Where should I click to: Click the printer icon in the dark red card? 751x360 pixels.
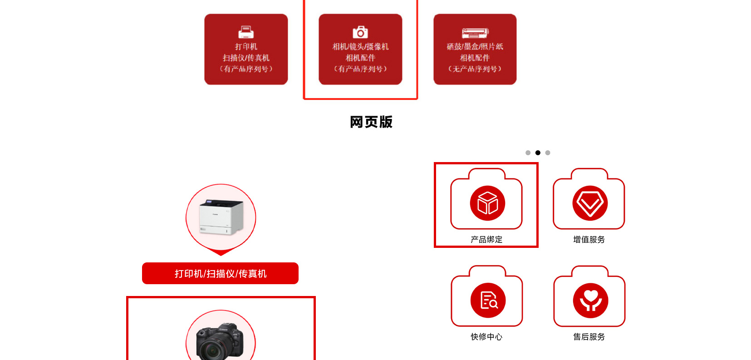(246, 32)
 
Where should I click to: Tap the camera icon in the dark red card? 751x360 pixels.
(360, 32)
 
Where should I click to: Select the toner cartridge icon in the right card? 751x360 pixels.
(475, 33)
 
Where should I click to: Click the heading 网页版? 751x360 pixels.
(371, 122)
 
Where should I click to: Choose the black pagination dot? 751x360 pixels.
(538, 153)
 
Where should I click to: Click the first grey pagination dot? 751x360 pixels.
(528, 153)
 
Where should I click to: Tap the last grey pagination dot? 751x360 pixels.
(548, 153)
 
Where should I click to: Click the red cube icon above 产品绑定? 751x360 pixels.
(487, 203)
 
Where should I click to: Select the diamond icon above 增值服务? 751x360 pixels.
(590, 203)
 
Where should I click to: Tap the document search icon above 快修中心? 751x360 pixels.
(488, 300)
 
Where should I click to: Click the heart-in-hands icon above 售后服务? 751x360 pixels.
(590, 300)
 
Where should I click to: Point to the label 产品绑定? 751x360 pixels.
(486, 240)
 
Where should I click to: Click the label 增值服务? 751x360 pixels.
(589, 240)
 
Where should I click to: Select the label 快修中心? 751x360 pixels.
(486, 337)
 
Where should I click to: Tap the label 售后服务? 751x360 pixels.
(589, 337)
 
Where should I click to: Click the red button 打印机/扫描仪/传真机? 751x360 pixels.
(220, 273)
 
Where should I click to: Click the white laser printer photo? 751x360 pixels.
(221, 217)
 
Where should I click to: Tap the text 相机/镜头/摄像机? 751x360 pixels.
(360, 47)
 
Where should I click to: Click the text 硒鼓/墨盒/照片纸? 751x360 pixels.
(475, 47)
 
